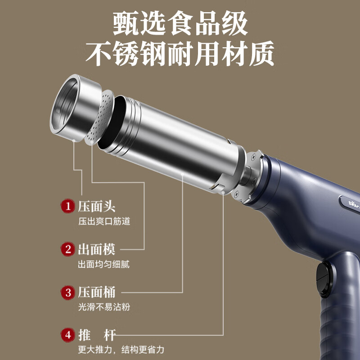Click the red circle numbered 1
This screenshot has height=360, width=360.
(x=67, y=207)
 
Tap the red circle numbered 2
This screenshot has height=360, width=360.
(x=67, y=249)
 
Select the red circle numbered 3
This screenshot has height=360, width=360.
(x=67, y=292)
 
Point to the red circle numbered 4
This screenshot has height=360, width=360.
(x=67, y=335)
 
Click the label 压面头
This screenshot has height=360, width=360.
(x=96, y=207)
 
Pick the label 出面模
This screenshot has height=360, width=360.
(x=96, y=249)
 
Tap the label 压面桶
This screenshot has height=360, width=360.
(x=96, y=292)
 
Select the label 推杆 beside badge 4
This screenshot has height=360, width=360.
(x=96, y=335)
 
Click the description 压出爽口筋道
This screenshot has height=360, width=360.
(x=104, y=221)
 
